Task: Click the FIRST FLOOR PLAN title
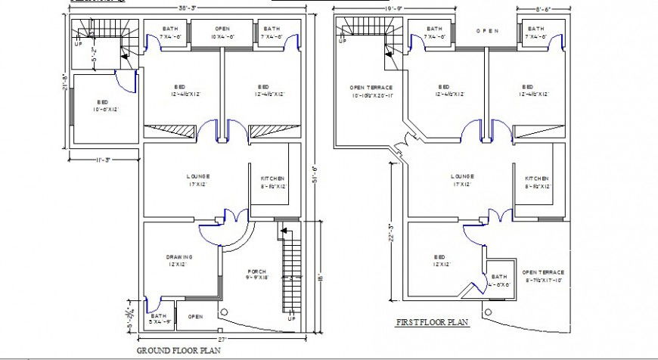coord(432,322)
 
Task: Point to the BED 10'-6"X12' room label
coord(102,106)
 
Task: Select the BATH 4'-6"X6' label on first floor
coord(499,281)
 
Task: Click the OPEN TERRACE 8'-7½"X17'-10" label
coord(542,276)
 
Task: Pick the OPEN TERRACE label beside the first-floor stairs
coord(371,92)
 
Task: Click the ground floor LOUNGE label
coord(197,180)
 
